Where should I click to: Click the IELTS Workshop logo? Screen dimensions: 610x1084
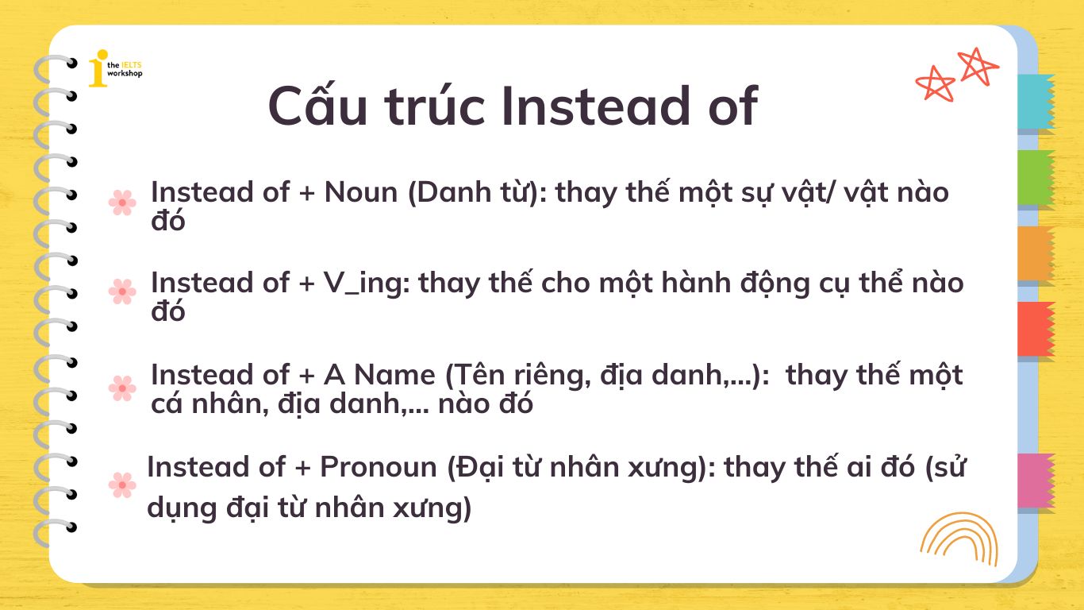[x=115, y=68]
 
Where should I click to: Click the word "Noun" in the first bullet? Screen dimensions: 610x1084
[x=361, y=192]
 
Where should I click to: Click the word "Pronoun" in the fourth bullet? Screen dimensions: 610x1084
[x=379, y=466]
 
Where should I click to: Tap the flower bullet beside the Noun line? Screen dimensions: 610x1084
[x=122, y=203]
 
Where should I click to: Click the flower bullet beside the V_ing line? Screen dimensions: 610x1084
[x=122, y=291]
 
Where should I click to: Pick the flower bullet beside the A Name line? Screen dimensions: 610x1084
[x=122, y=388]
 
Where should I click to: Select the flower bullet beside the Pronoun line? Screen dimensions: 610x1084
[x=122, y=485]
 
